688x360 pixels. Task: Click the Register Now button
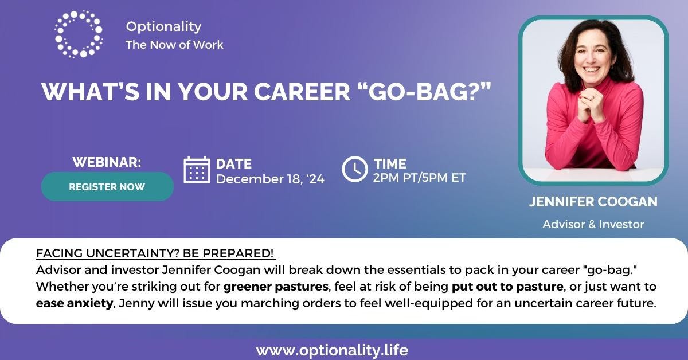click(x=107, y=186)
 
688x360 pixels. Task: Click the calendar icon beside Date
click(x=197, y=170)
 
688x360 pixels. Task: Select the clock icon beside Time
click(x=355, y=169)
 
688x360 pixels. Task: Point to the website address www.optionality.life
click(x=332, y=350)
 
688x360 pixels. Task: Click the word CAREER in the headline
click(x=302, y=92)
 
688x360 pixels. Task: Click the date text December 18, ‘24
click(x=270, y=179)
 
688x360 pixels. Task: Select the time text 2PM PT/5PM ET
click(x=420, y=178)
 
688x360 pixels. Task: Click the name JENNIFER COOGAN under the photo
click(x=593, y=202)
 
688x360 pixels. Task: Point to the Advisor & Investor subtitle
click(x=593, y=224)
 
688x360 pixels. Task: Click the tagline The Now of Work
click(x=174, y=45)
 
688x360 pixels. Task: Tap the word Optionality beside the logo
click(x=164, y=26)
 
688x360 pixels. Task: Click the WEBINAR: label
click(x=107, y=162)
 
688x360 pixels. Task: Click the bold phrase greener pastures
click(x=276, y=287)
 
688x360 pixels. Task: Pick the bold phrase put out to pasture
click(x=507, y=287)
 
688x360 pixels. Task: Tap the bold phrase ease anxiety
click(x=75, y=303)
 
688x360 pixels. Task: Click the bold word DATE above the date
click(x=234, y=164)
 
